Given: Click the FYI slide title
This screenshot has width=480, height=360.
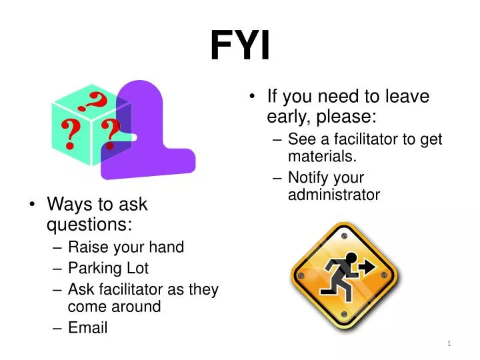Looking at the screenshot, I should pyautogui.click(x=240, y=45).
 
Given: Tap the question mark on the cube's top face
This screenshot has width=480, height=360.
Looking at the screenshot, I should pyautogui.click(x=93, y=102).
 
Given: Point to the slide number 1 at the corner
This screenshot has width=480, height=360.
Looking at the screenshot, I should pyautogui.click(x=449, y=343).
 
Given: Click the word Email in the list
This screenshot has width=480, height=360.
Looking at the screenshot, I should pyautogui.click(x=87, y=327).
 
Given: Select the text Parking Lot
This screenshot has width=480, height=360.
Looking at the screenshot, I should pyautogui.click(x=108, y=268).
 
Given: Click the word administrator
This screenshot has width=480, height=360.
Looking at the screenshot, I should pyautogui.click(x=334, y=195).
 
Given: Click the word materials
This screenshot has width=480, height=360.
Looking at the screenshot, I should pyautogui.click(x=322, y=156).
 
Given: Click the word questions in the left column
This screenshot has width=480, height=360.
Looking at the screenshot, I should pyautogui.click(x=89, y=223).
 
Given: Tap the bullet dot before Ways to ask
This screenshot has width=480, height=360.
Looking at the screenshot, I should pyautogui.click(x=33, y=204).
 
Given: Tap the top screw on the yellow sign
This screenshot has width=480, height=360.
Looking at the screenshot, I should pyautogui.click(x=343, y=234).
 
